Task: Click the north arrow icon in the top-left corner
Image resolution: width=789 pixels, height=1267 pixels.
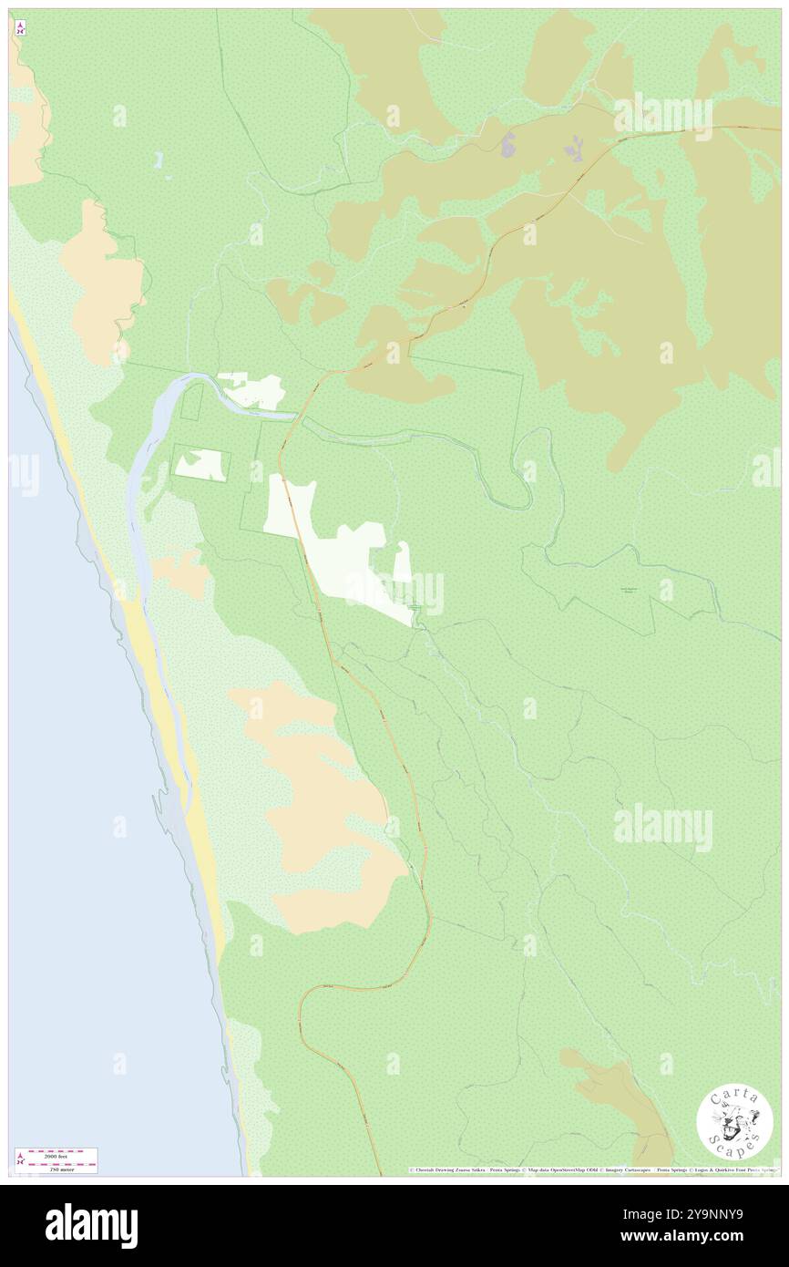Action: (20, 28)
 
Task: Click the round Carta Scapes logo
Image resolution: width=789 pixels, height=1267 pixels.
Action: (734, 1123)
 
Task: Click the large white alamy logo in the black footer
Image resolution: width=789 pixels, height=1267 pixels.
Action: (91, 1226)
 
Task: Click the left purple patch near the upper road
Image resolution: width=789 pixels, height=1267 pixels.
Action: (507, 143)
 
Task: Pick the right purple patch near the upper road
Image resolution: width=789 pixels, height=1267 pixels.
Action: (574, 147)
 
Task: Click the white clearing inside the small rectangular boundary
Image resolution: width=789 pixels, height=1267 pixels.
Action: (201, 464)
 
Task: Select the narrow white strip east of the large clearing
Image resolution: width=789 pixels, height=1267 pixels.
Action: (402, 561)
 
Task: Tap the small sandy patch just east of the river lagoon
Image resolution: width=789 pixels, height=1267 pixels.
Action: (181, 572)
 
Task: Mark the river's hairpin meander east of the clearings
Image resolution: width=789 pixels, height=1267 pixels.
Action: (527, 474)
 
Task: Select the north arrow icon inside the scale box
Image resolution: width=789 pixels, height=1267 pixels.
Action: (20, 1159)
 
